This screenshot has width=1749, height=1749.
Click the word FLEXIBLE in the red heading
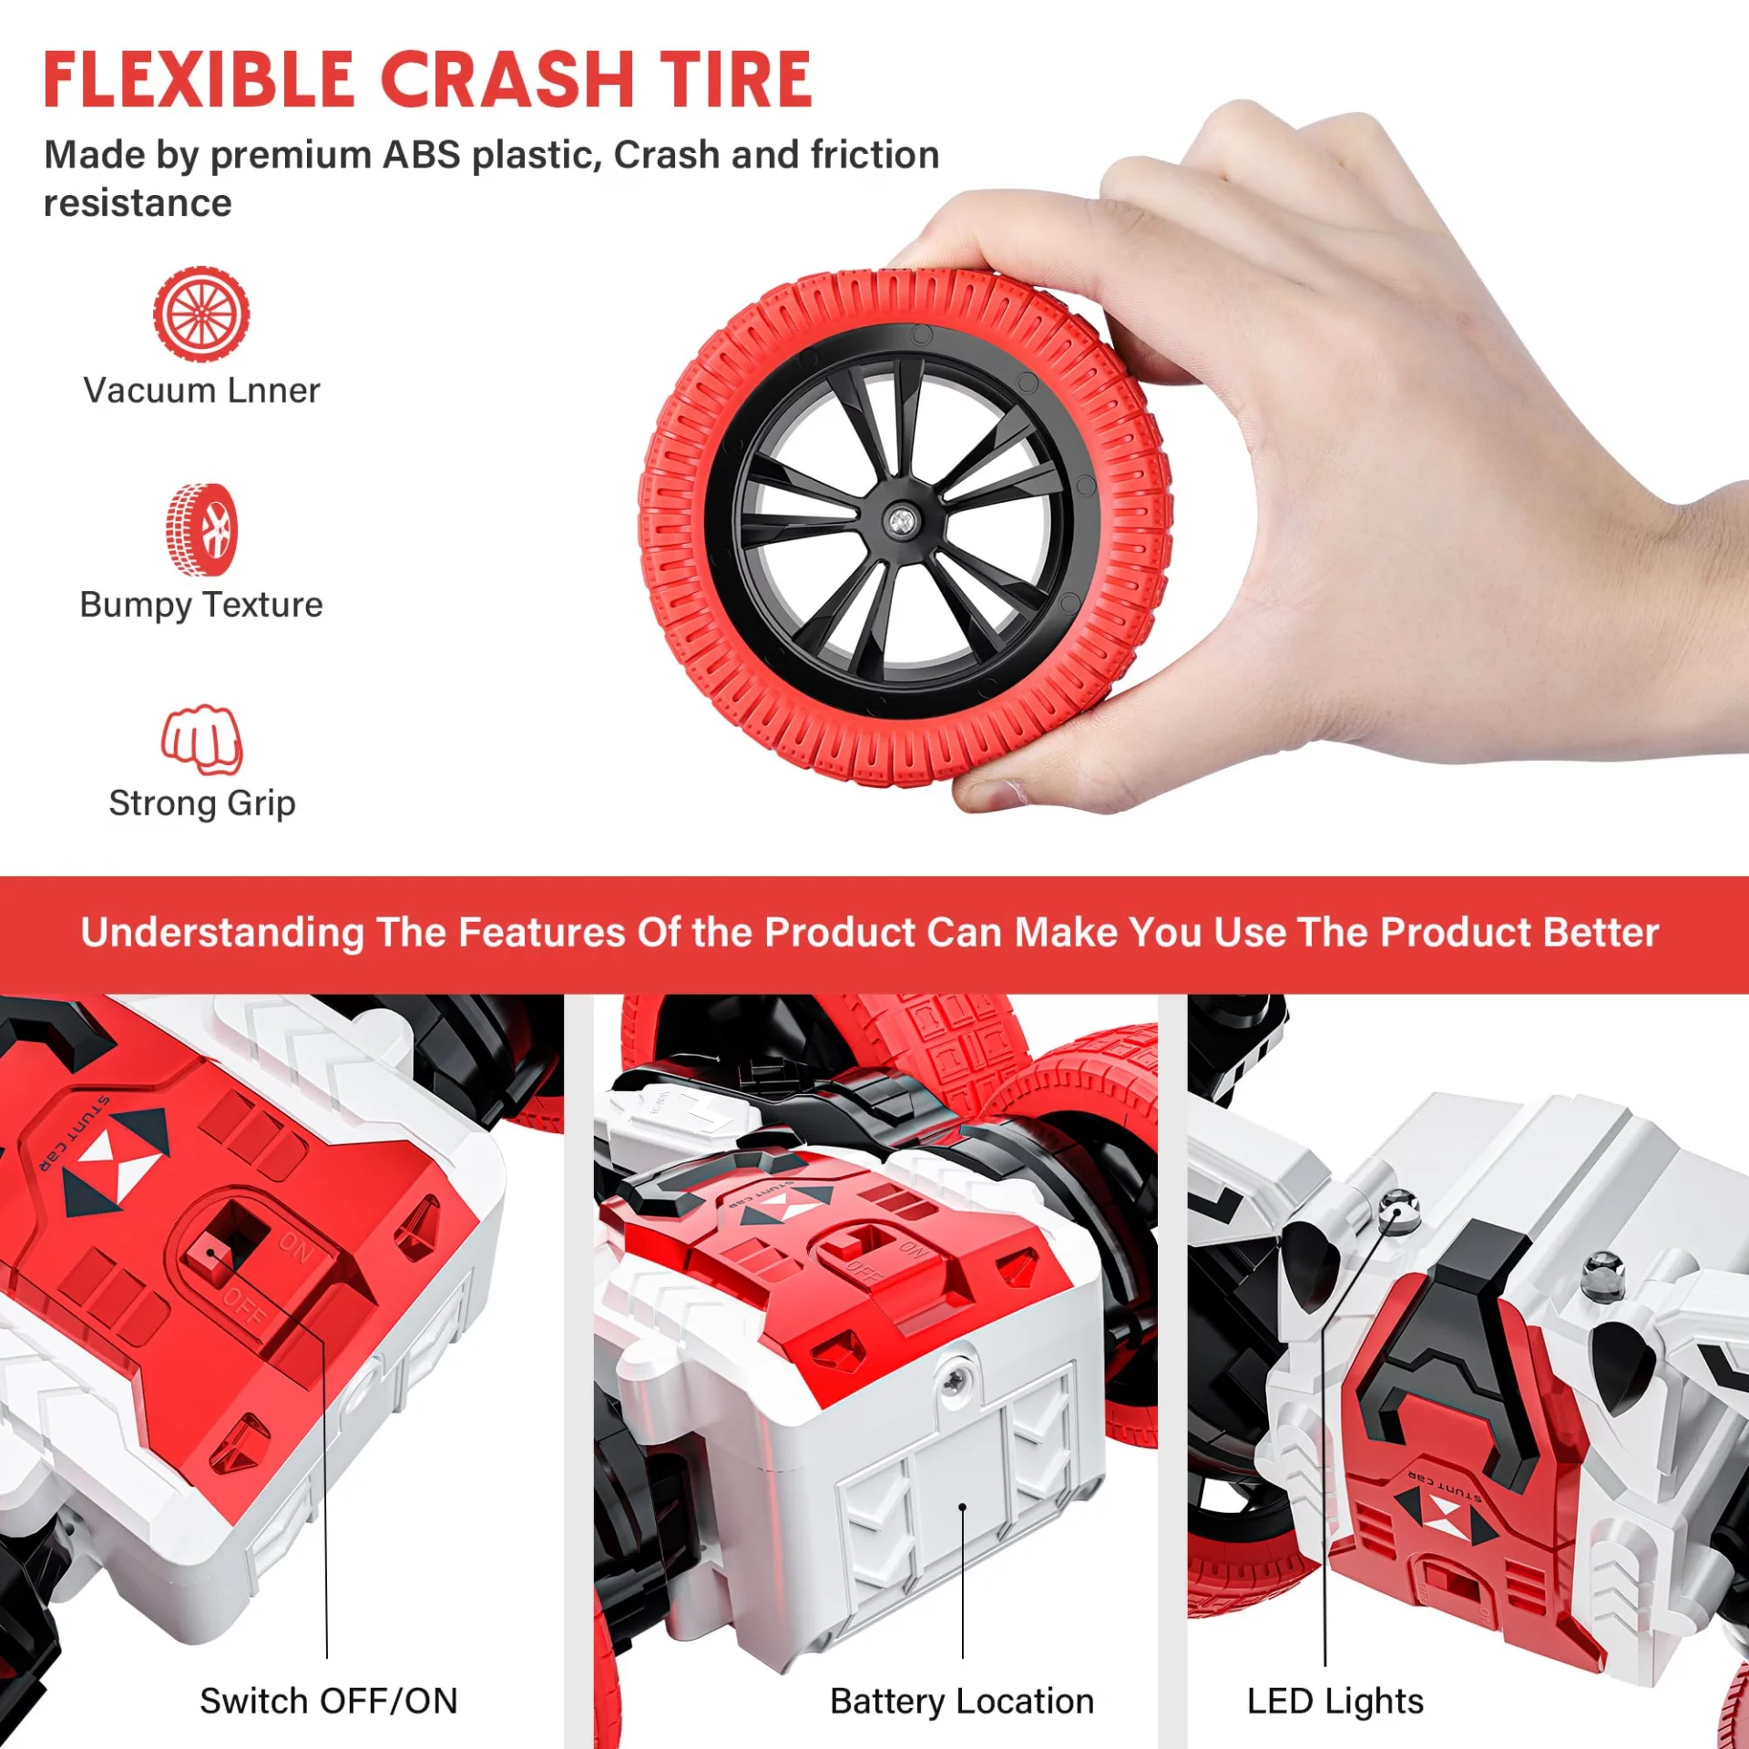(x=199, y=79)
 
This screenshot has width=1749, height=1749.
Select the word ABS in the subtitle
(x=421, y=155)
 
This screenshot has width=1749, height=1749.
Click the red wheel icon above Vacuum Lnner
(x=201, y=313)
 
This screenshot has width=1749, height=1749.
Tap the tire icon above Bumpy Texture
(x=201, y=529)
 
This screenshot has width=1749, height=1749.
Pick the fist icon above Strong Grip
(x=201, y=739)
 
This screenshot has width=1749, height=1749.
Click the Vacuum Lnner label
(x=201, y=391)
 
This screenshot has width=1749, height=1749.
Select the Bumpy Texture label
(x=201, y=606)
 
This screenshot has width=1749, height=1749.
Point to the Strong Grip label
(x=201, y=803)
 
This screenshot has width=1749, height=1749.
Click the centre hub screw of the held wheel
(x=901, y=522)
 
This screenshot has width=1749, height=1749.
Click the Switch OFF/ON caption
(x=329, y=1702)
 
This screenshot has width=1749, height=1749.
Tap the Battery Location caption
(x=962, y=1702)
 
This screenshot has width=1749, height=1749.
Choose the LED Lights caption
(x=1335, y=1702)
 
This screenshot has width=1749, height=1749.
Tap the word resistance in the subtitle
(x=138, y=203)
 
